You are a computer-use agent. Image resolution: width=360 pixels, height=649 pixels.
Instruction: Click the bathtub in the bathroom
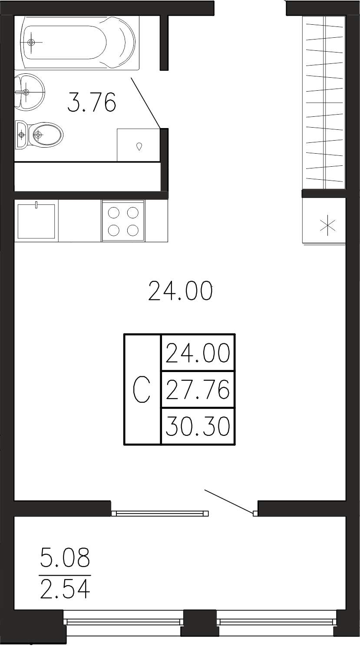pos(77,43)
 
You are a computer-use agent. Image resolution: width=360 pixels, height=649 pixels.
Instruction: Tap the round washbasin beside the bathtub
pos(30,92)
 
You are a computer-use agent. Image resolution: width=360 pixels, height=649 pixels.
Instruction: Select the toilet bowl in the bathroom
pos(40,135)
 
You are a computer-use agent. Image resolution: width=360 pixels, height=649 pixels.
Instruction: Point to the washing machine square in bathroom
pos(139,145)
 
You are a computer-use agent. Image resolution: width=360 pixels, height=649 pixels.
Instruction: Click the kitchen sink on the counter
pos(36,221)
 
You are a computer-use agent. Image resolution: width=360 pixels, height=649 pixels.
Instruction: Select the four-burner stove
pos(123,221)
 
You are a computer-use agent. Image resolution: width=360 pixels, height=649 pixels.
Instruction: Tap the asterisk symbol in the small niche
pos(328,225)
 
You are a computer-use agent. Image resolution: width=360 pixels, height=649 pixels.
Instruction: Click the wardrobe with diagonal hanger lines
pos(324,102)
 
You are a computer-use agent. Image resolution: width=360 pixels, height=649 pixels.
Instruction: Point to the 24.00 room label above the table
pos(180,290)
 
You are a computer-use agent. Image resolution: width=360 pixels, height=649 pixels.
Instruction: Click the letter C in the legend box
pos(142,389)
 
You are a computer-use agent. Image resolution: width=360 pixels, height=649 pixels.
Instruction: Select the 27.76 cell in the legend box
pos(198,389)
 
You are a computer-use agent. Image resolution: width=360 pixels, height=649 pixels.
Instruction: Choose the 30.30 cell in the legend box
pos(198,426)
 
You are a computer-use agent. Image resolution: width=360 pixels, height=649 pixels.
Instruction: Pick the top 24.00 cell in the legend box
pos(198,353)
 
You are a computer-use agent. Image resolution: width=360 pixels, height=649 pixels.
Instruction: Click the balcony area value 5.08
pos(65,557)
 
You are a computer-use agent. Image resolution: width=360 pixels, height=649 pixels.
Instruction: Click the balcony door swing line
pos(230,502)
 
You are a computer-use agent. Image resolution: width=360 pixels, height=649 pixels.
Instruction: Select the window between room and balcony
pos(160,513)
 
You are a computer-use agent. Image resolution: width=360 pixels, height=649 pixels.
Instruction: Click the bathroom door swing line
pos(146,103)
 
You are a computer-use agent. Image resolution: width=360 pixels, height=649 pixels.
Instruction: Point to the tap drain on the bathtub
pos(31,42)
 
